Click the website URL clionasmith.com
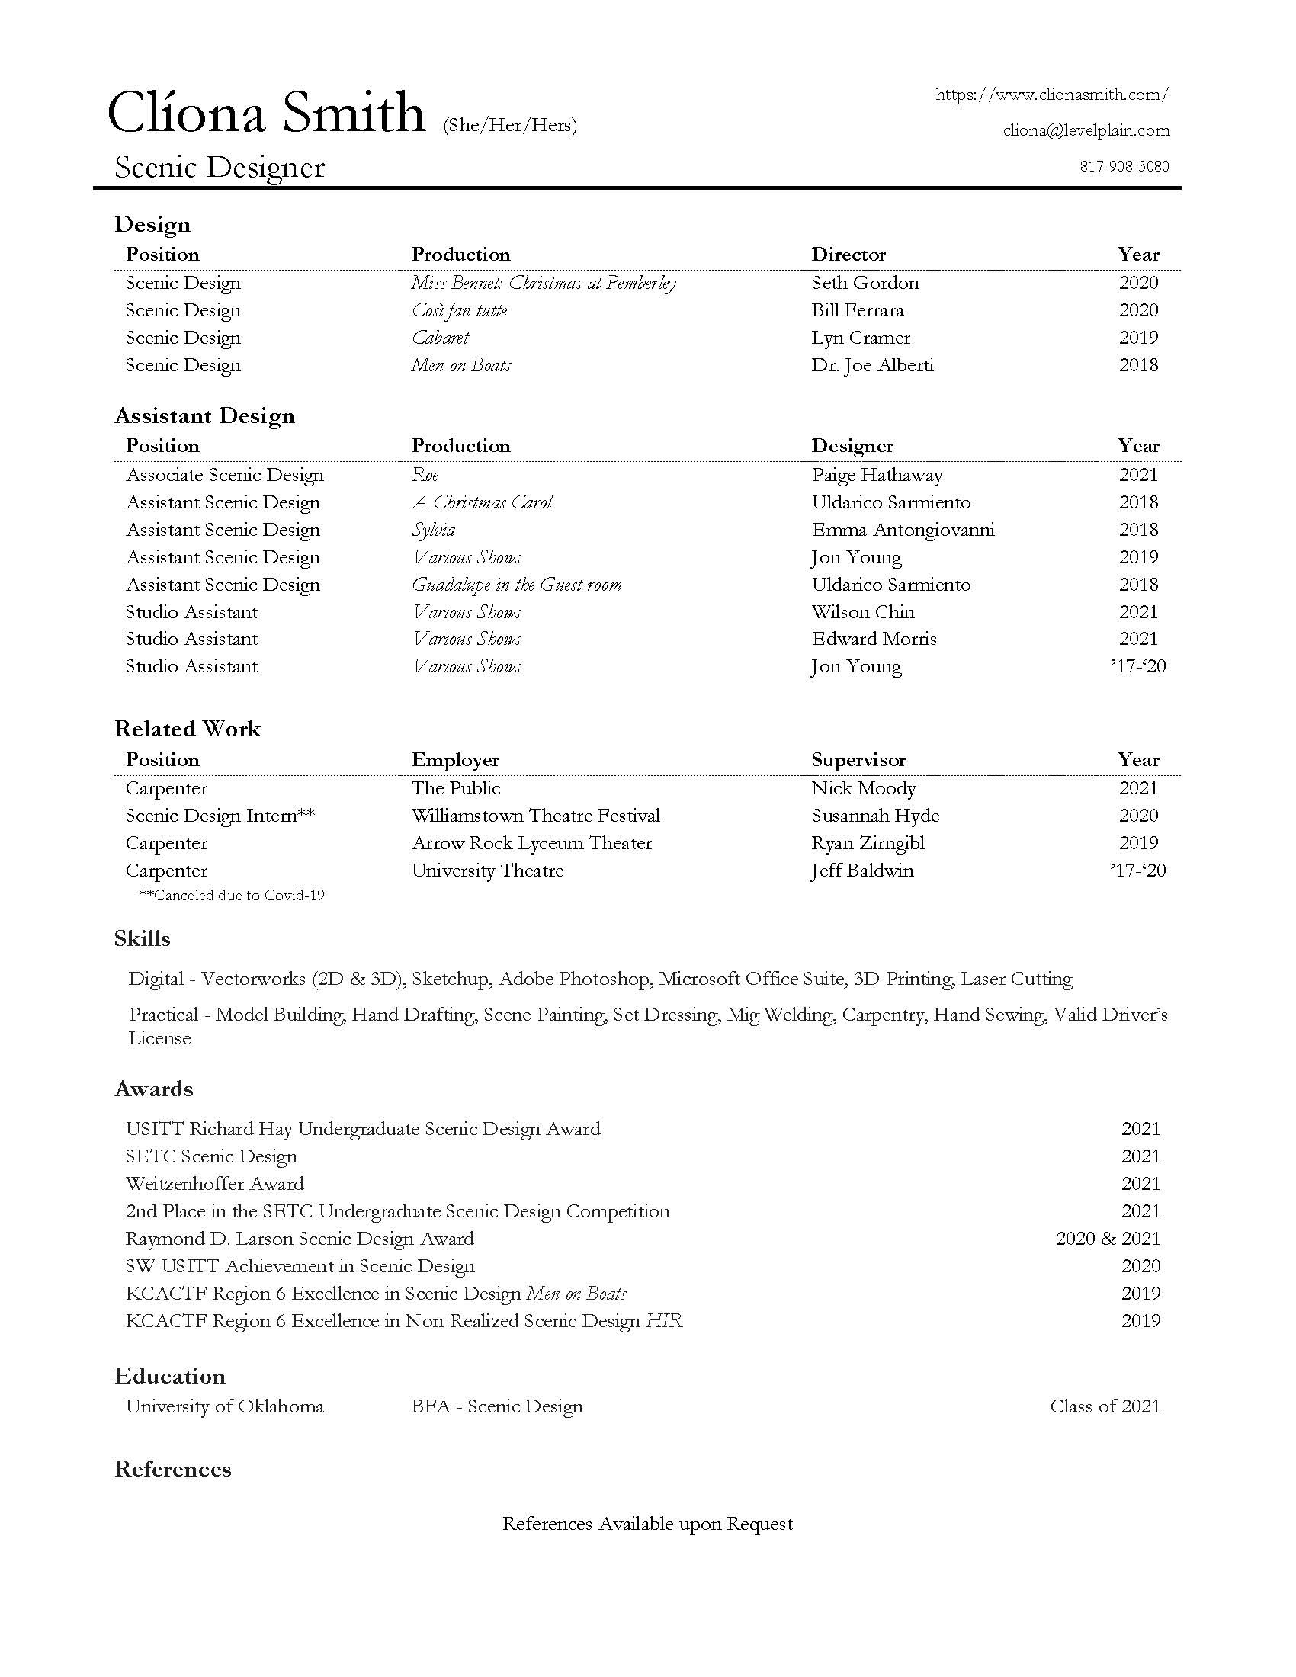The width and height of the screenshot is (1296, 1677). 1051,95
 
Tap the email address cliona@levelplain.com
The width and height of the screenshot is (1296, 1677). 1086,130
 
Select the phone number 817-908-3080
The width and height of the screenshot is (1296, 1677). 1124,167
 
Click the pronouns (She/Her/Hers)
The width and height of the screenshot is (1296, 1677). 510,125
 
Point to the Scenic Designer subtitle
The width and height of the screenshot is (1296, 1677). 220,168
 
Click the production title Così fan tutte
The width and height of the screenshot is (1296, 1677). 459,310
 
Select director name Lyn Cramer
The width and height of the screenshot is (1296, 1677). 861,338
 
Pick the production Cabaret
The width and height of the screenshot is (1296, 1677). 440,338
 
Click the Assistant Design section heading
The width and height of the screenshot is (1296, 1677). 204,415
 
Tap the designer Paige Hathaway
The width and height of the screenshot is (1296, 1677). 877,475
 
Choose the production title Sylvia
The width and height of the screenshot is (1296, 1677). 434,530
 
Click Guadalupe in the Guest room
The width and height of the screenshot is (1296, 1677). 517,585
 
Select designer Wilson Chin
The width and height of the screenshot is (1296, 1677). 863,612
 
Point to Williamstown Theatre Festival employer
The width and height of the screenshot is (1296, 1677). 535,816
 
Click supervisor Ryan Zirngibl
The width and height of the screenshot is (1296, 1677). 868,843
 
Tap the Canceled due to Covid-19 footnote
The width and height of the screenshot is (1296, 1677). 232,896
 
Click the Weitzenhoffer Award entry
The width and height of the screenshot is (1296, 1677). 215,1183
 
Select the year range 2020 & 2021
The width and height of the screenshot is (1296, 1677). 1107,1239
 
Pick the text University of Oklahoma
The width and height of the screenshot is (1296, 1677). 225,1406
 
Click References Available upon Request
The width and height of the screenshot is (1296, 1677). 647,1524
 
